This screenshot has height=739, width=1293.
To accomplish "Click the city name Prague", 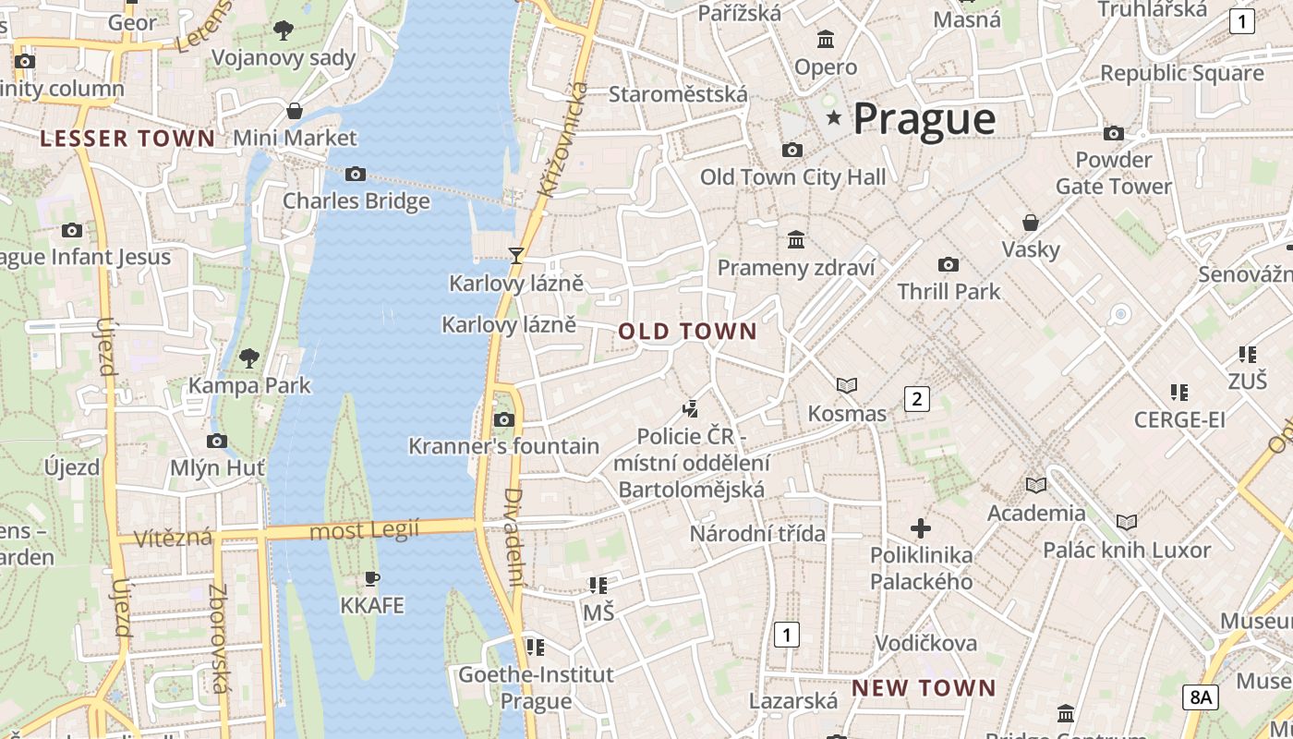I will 924,119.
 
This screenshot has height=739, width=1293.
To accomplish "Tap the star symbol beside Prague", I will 835,117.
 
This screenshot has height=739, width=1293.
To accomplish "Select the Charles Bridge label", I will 356,200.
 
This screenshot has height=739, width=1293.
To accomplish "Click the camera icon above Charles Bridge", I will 356,174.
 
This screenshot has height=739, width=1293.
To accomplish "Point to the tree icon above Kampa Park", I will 249,357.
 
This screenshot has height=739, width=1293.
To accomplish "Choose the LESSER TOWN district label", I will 127,139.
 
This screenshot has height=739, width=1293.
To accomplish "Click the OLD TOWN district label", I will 687,332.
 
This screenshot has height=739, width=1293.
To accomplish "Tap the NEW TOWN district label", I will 924,688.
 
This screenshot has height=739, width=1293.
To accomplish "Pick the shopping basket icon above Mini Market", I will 295,111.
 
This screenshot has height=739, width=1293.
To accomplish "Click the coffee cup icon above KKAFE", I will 372,579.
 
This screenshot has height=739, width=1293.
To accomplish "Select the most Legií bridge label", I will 364,531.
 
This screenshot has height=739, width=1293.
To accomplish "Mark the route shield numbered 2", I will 916,399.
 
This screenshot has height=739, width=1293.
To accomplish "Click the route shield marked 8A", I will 1200,697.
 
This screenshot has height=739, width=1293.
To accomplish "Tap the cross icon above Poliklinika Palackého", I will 921,528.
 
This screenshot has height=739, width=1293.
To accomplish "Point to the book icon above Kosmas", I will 847,385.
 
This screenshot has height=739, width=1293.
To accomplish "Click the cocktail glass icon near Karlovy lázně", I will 516,255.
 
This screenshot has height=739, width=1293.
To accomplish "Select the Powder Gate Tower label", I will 1113,173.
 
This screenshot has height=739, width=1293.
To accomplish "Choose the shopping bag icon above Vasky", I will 1031,223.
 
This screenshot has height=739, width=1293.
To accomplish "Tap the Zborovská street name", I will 219,637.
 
